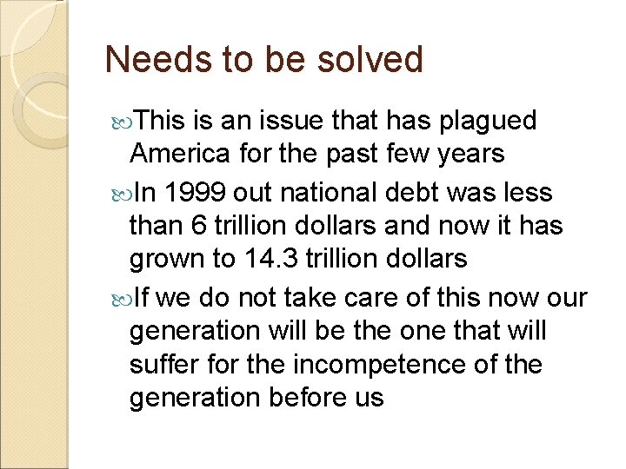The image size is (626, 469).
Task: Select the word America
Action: pos(178,155)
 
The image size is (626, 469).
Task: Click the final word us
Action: pos(369,398)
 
